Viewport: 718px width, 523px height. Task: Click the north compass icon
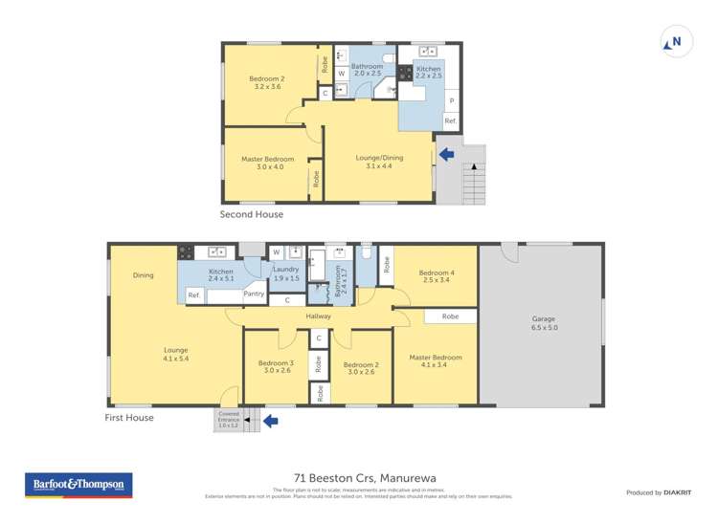tap(674, 42)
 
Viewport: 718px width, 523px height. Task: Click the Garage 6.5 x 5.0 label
tap(543, 323)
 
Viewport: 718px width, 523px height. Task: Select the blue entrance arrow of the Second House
tap(445, 153)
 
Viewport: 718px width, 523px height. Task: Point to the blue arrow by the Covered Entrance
tap(270, 420)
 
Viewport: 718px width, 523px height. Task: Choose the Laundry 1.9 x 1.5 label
tap(285, 273)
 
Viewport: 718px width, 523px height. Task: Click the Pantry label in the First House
tap(254, 294)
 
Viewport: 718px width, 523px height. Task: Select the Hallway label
tap(319, 316)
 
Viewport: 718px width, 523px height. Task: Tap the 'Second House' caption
tap(251, 214)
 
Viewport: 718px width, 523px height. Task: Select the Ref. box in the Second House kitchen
tap(450, 121)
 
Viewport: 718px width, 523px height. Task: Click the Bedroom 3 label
tap(276, 366)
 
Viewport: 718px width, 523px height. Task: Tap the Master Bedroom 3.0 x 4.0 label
tap(267, 163)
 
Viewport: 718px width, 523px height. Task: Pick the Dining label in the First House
tap(143, 275)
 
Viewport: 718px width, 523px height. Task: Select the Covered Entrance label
tap(228, 419)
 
